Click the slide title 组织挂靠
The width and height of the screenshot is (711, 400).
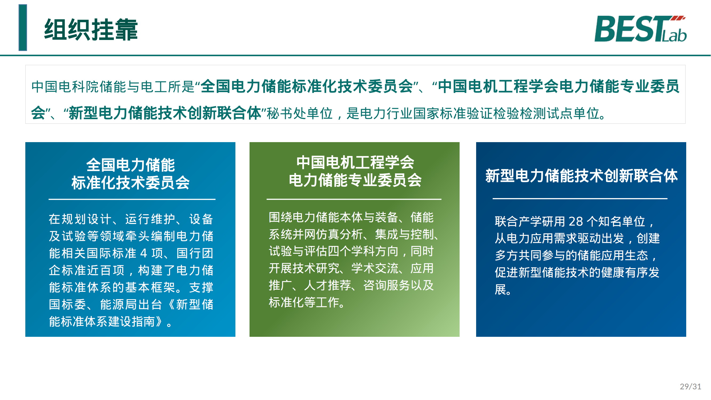(x=91, y=30)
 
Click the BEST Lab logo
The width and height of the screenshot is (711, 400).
(x=640, y=29)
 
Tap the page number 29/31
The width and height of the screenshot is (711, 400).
(x=690, y=386)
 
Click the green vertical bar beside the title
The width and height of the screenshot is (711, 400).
(x=23, y=28)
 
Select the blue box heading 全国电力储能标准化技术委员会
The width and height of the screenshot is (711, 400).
(x=131, y=174)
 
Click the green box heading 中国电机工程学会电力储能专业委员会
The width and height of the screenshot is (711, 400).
(x=355, y=171)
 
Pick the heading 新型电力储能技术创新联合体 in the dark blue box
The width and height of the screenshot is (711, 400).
(x=581, y=176)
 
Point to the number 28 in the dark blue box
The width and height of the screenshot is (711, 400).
(x=576, y=221)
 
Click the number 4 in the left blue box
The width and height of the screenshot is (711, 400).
(x=143, y=253)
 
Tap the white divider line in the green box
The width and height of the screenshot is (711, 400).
(x=354, y=199)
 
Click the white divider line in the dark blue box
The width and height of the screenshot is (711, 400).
(x=580, y=198)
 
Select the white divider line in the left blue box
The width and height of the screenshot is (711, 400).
(x=132, y=199)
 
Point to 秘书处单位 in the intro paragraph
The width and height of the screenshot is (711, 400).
(x=299, y=113)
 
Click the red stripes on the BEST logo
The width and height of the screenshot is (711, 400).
(x=678, y=18)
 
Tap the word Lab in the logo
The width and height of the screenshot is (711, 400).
(x=674, y=36)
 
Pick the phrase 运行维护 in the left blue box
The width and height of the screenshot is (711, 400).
(x=150, y=219)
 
